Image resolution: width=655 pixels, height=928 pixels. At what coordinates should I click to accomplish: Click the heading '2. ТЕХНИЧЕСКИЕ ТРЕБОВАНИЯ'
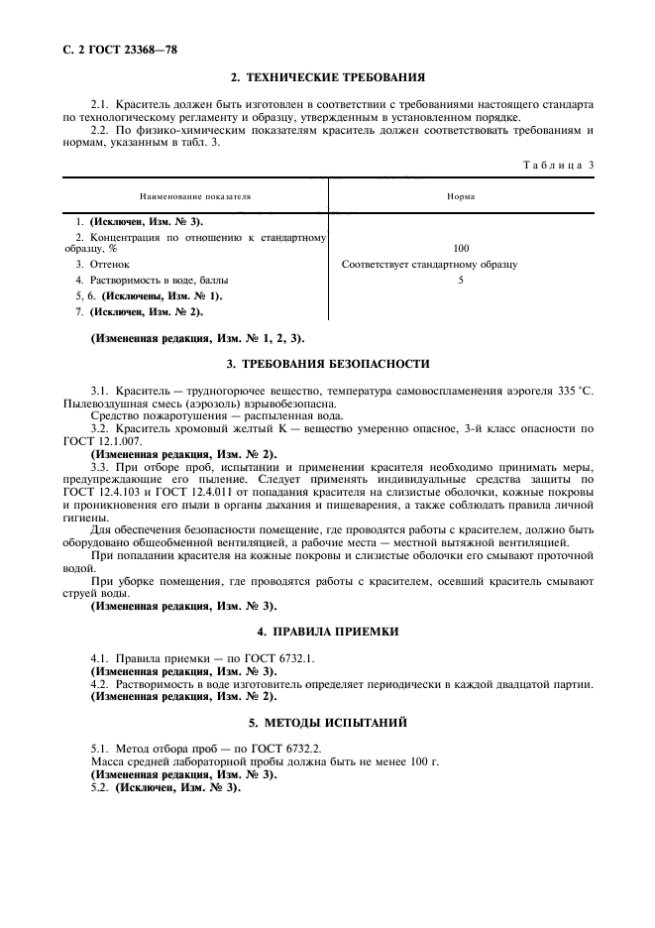[x=327, y=76]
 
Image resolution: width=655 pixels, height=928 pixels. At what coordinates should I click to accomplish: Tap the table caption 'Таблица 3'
[x=557, y=165]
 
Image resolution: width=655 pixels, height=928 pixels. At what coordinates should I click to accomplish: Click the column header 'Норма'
[x=461, y=196]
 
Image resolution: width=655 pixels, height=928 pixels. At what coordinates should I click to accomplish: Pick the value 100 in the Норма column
[x=461, y=249]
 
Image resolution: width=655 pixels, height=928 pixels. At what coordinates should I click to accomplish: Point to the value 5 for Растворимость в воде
[x=461, y=281]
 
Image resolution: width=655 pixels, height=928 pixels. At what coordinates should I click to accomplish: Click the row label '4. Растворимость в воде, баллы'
[x=150, y=281]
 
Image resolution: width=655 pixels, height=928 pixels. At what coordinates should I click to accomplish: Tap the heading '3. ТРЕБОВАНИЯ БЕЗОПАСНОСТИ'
[x=327, y=364]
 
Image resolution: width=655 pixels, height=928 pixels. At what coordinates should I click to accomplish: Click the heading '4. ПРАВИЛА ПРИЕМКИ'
[x=327, y=631]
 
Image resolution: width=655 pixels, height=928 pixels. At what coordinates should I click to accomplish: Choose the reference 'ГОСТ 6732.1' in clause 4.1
[x=301, y=658]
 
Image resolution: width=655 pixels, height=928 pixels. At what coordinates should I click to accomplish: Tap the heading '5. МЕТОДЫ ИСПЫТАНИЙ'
[x=327, y=723]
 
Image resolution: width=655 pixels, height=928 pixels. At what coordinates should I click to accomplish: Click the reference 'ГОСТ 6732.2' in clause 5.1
[x=302, y=750]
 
